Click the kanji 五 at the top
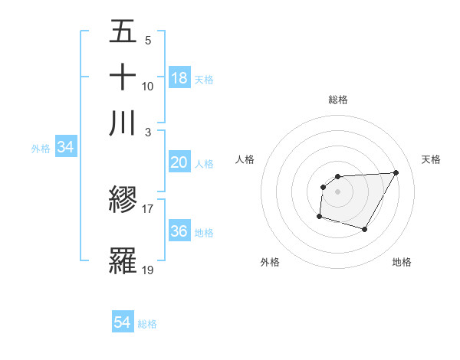click(123, 32)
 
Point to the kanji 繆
click(123, 200)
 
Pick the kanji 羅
click(123, 261)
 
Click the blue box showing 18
click(179, 78)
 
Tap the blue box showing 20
click(179, 162)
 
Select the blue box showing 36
click(179, 231)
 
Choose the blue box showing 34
click(65, 147)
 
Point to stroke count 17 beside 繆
click(148, 208)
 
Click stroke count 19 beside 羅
click(148, 270)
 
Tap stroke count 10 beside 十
click(148, 86)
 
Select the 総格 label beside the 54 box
click(147, 324)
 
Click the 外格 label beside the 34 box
click(41, 149)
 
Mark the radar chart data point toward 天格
click(396, 172)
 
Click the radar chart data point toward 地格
click(365, 230)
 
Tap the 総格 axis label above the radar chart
click(338, 100)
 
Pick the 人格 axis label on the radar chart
click(245, 159)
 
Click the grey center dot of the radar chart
click(337, 191)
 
